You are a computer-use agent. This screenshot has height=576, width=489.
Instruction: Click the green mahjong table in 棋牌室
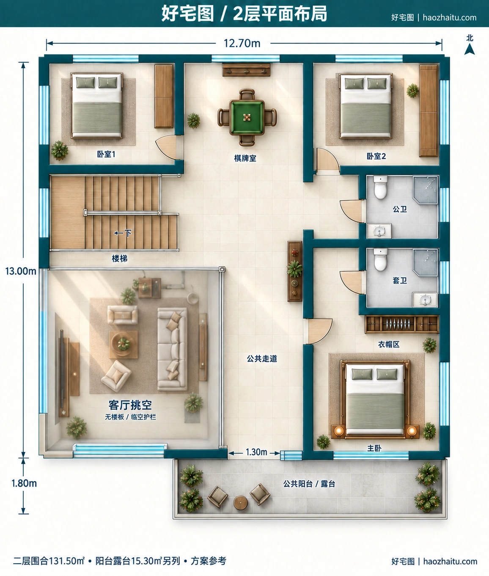(247, 117)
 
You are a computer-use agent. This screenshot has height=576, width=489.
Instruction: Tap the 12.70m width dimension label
(242, 44)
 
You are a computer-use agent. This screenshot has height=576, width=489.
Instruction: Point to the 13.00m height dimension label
(21, 271)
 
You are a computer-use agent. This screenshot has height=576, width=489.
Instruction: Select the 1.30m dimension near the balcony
(256, 452)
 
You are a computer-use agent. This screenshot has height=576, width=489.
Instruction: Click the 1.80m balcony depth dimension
(24, 483)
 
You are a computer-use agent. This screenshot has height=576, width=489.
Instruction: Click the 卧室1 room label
(106, 154)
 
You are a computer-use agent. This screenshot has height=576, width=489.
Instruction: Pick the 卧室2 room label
(376, 156)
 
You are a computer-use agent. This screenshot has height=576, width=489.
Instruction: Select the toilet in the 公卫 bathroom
(380, 187)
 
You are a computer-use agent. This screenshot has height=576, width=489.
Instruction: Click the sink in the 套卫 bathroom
(425, 300)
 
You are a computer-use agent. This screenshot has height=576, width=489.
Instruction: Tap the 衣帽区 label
(389, 344)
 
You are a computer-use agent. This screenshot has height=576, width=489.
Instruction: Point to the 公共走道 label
(262, 358)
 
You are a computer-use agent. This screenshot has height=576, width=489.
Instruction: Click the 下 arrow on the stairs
(123, 233)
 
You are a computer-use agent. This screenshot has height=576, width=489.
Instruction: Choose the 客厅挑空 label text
(130, 405)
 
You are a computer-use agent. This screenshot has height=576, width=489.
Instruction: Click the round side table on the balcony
(240, 503)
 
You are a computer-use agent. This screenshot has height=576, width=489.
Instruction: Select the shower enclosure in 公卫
(425, 190)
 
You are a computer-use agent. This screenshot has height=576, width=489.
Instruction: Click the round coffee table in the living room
(123, 344)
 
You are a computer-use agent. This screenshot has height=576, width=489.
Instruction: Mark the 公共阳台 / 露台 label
(309, 484)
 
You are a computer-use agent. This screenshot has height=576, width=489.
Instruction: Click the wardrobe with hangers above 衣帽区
(402, 324)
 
